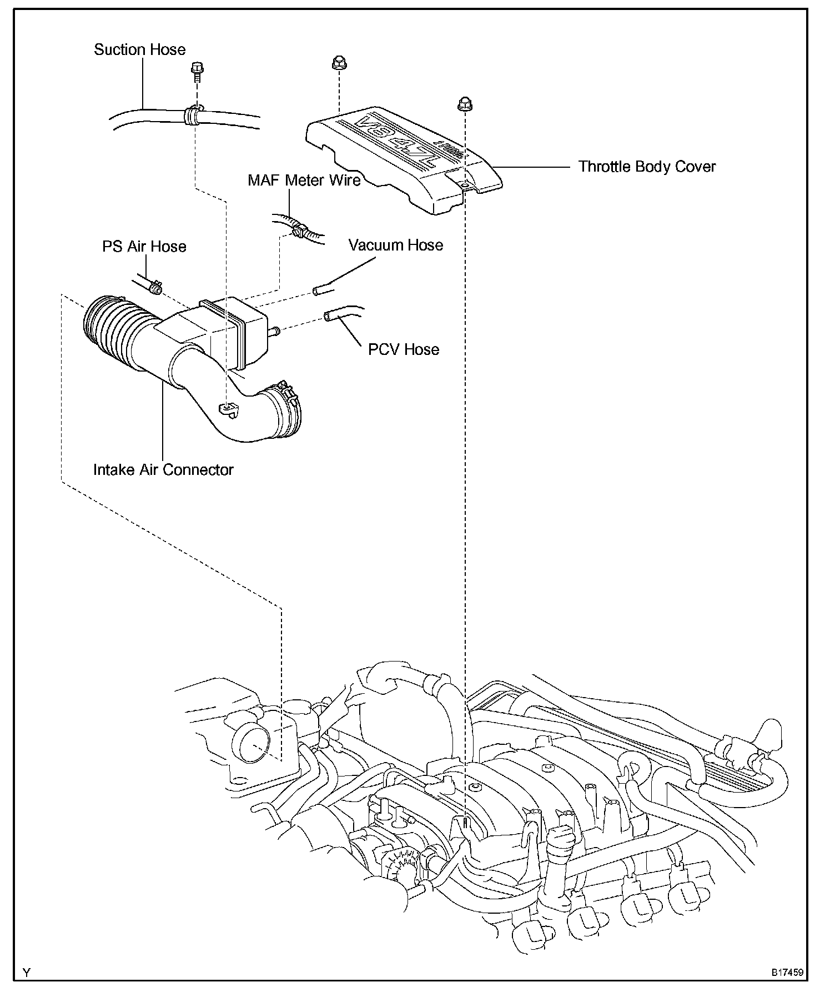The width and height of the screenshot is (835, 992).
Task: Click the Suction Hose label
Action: pyautogui.click(x=139, y=50)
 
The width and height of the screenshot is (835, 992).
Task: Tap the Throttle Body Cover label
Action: pyautogui.click(x=647, y=167)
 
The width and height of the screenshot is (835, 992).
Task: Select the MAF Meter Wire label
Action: pyautogui.click(x=304, y=180)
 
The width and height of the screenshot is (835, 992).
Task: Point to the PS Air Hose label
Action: pyautogui.click(x=144, y=247)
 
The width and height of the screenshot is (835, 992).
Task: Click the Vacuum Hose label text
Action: pyautogui.click(x=396, y=246)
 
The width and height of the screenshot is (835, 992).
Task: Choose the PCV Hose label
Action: pyautogui.click(x=404, y=349)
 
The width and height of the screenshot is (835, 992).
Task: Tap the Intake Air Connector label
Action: pyautogui.click(x=163, y=470)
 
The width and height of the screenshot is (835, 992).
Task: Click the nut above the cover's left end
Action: pyautogui.click(x=336, y=63)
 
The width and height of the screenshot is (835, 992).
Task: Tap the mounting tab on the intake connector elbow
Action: pyautogui.click(x=227, y=409)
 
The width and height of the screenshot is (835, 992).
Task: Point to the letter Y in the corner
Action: pyautogui.click(x=26, y=973)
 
